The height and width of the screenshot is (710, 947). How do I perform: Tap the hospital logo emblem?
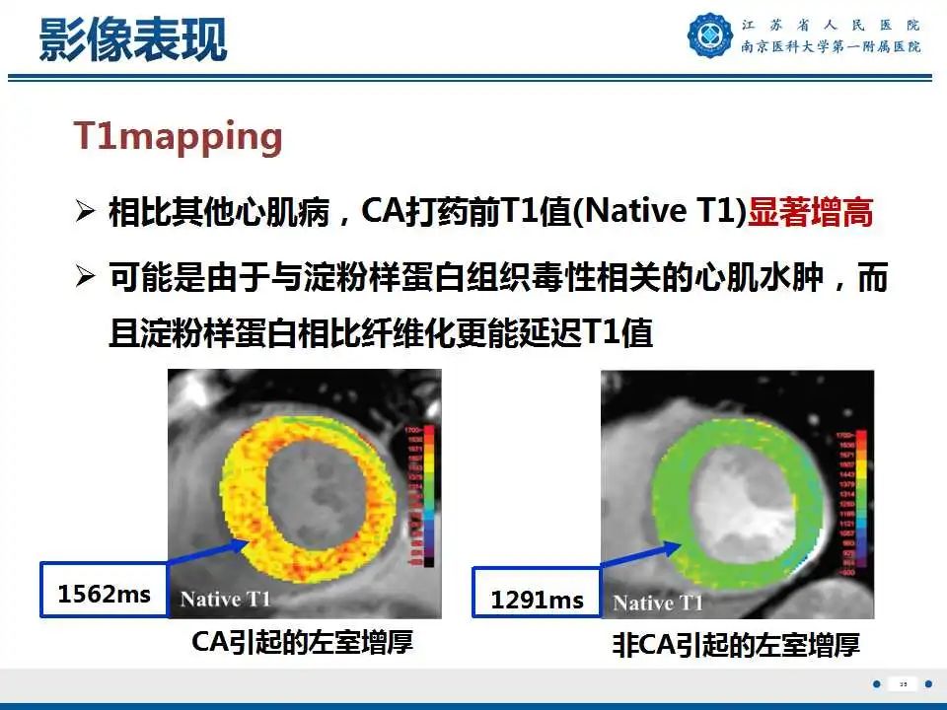[x=711, y=35]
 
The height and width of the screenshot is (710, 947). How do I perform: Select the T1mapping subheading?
[x=179, y=137]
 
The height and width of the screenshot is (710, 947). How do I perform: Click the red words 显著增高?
[x=811, y=213]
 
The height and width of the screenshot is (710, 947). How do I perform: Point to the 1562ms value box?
[x=104, y=592]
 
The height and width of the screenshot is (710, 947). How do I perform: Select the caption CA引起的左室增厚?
[x=302, y=643]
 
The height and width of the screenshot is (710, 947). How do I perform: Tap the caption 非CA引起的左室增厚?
[x=736, y=646]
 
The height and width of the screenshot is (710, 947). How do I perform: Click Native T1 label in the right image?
[x=658, y=602]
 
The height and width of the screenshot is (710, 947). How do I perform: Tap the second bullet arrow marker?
[x=87, y=279]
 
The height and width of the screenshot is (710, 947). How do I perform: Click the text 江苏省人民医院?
[x=832, y=25]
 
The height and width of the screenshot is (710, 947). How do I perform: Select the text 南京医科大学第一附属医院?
[x=832, y=47]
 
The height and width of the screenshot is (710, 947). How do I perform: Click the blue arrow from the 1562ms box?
[x=202, y=552]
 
